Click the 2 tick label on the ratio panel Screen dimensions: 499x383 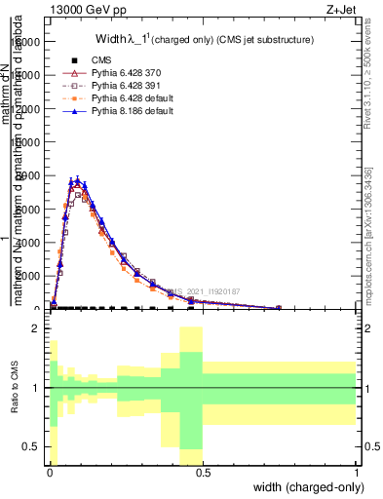[x=36, y=329]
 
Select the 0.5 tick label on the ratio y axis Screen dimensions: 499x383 [x=31, y=446]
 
